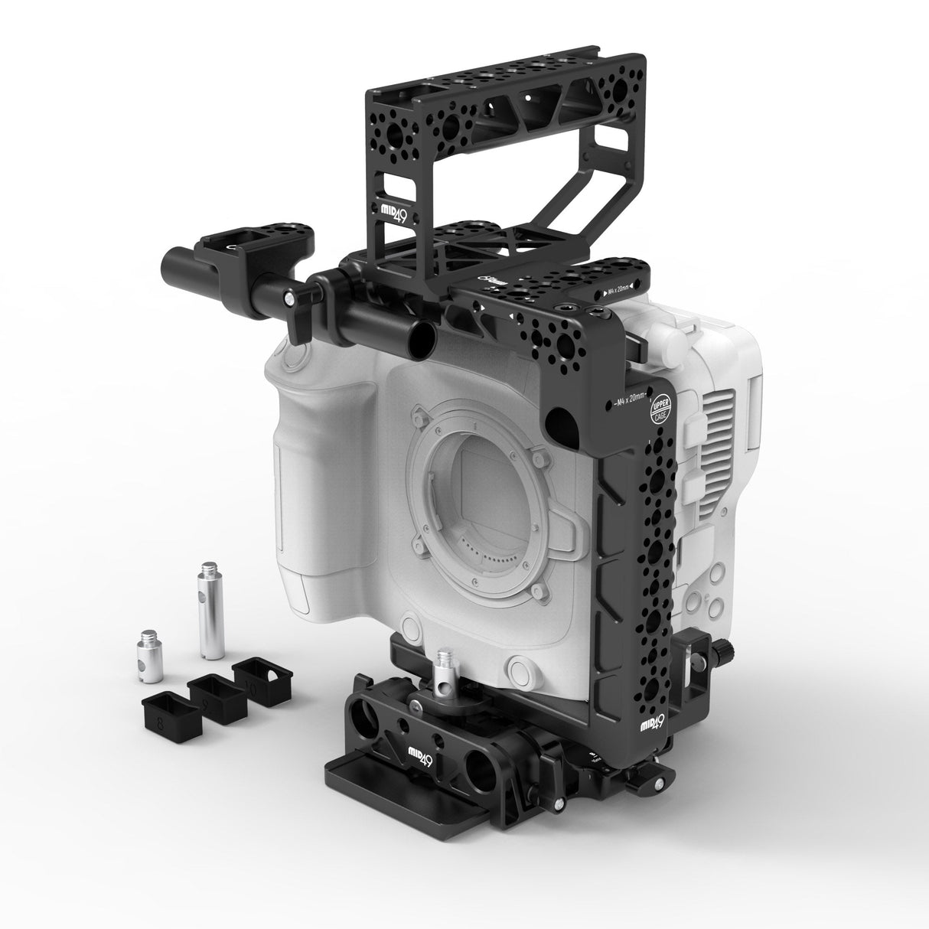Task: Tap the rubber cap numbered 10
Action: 262,677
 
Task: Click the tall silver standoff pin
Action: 211,610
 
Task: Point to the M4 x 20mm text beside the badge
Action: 627,399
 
